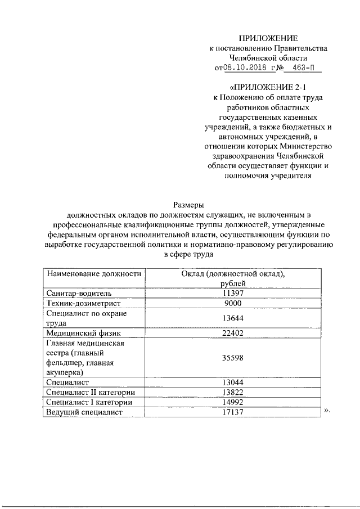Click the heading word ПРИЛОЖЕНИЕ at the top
pyautogui.click(x=267, y=38)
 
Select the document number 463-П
pyautogui.click(x=303, y=69)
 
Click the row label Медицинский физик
pyautogui.click(x=82, y=333)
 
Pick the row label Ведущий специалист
pyautogui.click(x=85, y=412)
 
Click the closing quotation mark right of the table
pyautogui.click(x=327, y=411)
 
